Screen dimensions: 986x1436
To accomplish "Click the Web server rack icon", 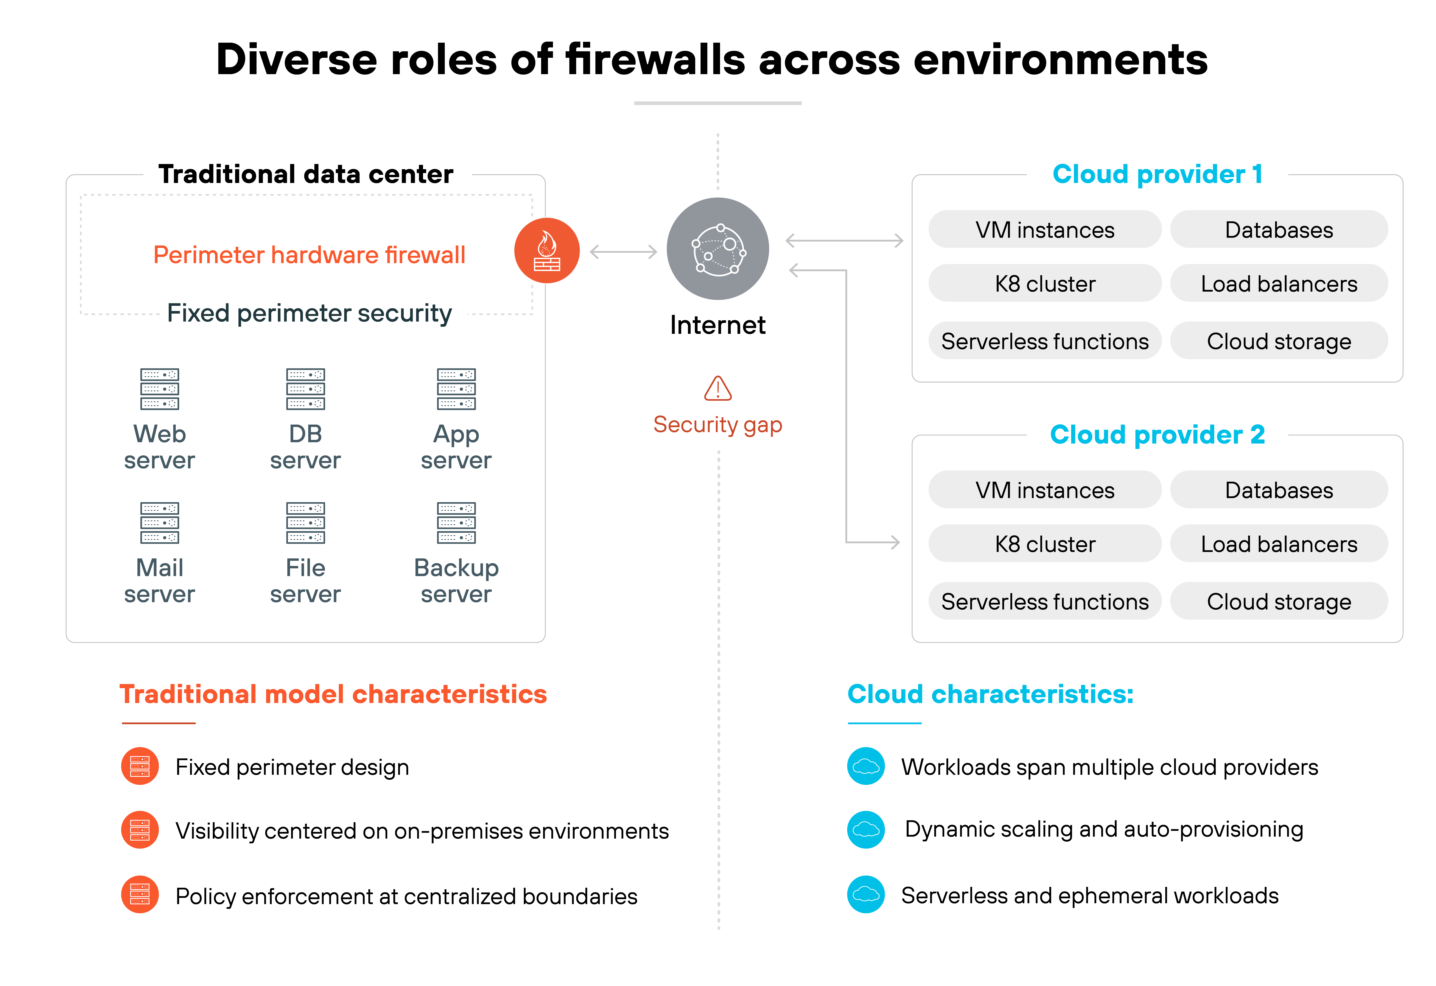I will [159, 389].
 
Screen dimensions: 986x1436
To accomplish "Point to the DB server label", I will [305, 447].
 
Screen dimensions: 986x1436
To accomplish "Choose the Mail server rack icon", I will [159, 522].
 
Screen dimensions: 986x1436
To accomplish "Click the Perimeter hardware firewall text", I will [309, 255].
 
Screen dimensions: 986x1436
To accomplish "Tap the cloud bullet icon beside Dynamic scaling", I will [866, 830].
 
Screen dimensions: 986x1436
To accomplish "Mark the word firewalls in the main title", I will [655, 60].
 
